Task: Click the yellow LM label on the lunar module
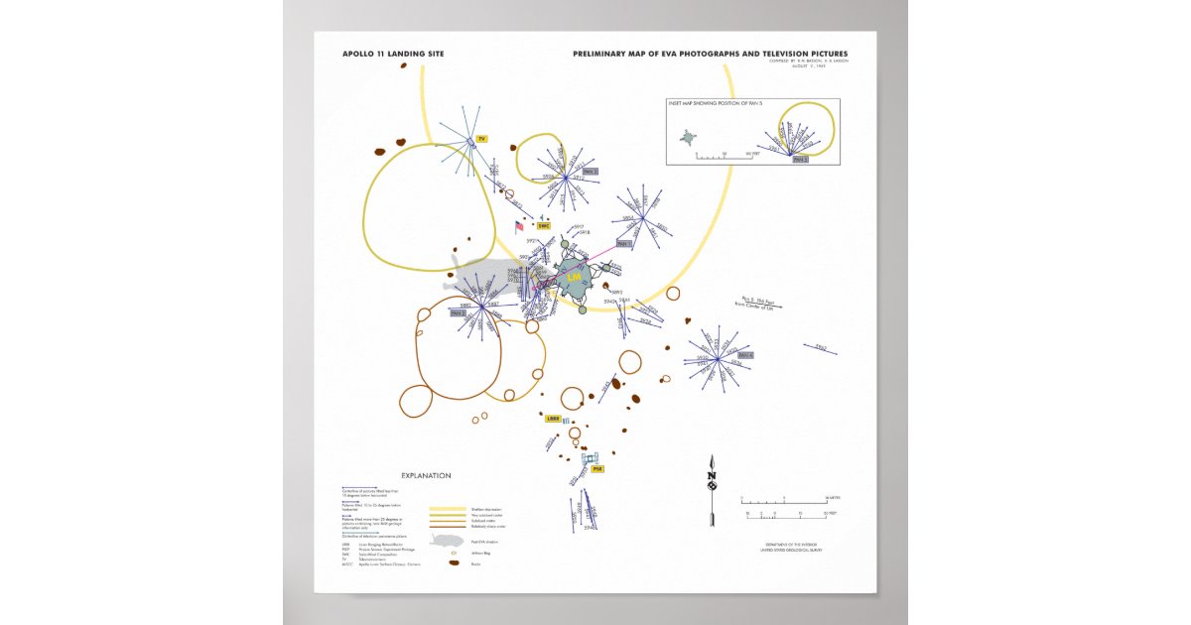click(x=574, y=280)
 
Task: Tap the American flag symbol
click(x=519, y=227)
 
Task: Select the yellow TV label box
click(x=481, y=140)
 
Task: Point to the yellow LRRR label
click(x=553, y=419)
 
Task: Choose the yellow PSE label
click(x=596, y=469)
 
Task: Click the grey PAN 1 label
click(x=623, y=243)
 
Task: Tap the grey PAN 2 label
click(x=458, y=312)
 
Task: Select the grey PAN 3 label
click(x=590, y=172)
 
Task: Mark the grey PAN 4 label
click(x=745, y=355)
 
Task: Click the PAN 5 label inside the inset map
click(x=800, y=159)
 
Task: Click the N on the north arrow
click(x=711, y=476)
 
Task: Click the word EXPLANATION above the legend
click(x=426, y=475)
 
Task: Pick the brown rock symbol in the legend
click(x=454, y=563)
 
